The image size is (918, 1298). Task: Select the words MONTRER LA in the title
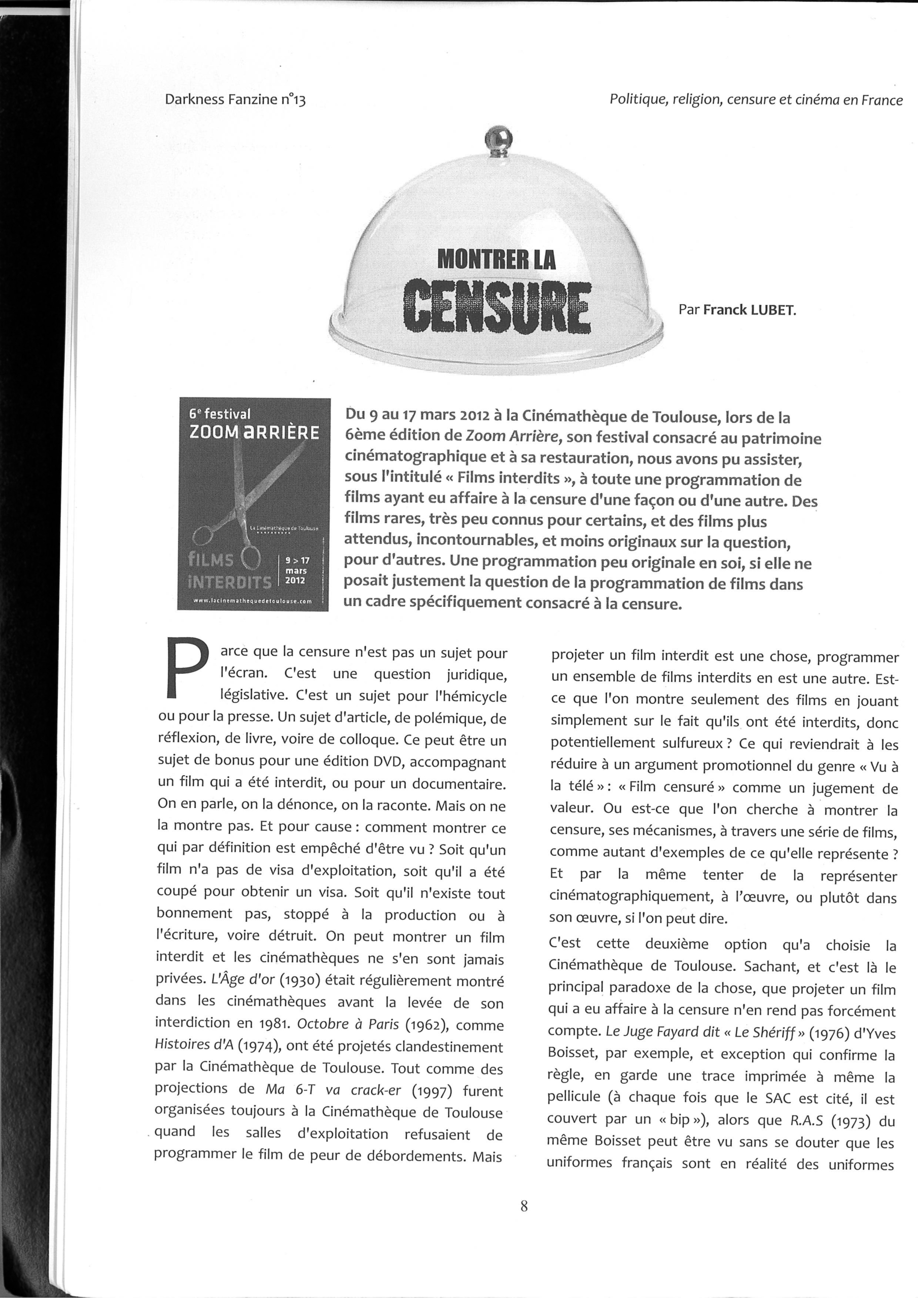497,259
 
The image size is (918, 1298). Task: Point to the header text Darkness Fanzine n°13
235,100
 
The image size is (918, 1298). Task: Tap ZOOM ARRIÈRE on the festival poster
254,432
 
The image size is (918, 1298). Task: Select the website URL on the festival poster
252,601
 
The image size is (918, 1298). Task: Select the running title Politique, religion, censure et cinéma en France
756,100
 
